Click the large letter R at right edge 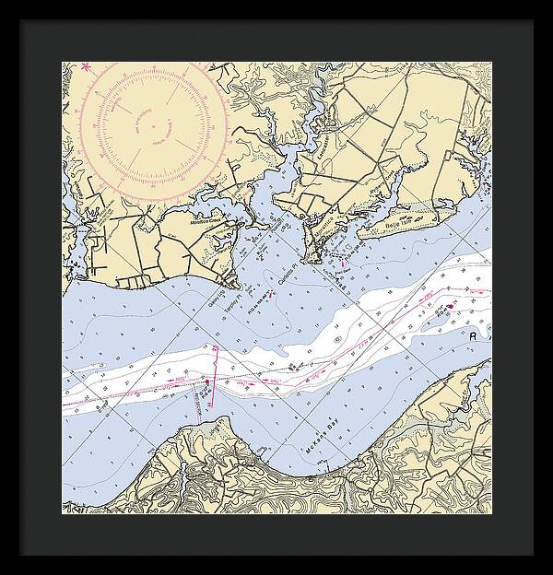pos(474,337)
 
